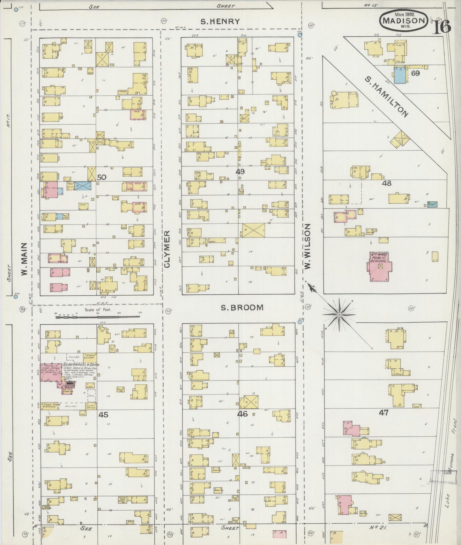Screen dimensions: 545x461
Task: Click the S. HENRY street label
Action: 220,22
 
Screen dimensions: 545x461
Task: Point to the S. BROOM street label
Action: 242,307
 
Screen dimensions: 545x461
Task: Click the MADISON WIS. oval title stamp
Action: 404,20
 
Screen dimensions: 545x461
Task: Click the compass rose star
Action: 339,314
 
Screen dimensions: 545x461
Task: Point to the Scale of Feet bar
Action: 98,317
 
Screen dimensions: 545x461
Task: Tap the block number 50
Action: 101,177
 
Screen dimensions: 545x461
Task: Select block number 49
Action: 240,172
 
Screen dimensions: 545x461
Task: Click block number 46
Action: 242,414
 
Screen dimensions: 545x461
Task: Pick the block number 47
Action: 383,412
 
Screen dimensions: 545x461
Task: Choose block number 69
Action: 415,73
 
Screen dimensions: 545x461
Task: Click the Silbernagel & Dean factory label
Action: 81,365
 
